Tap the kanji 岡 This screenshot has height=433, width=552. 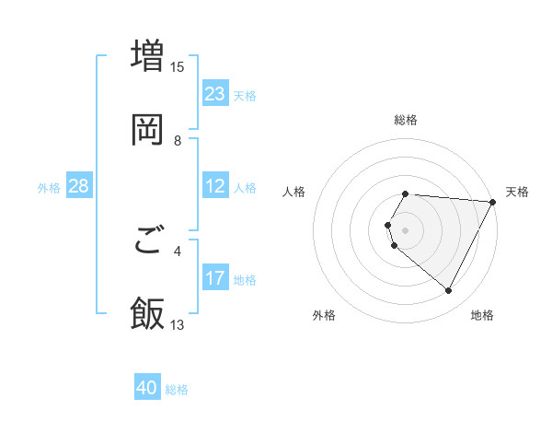click(148, 129)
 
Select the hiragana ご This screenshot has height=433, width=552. click(148, 241)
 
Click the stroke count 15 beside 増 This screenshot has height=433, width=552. click(178, 66)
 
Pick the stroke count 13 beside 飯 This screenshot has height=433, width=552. click(178, 325)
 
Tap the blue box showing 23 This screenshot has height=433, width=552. click(215, 94)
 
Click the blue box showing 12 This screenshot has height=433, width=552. click(215, 187)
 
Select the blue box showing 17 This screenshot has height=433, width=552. click(215, 278)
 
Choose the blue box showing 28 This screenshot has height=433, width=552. click(79, 187)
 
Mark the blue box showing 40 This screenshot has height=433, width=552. click(147, 389)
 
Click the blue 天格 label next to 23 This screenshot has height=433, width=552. click(245, 95)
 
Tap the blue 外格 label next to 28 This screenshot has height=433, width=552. click(49, 188)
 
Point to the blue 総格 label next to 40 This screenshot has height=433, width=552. click(177, 390)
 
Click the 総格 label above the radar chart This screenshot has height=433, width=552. click(406, 120)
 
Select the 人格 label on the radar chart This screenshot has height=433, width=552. click(294, 192)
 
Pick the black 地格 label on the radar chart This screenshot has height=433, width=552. click(482, 315)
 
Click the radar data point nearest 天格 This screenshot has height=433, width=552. click(493, 201)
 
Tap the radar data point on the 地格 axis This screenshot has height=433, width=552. click(448, 290)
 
